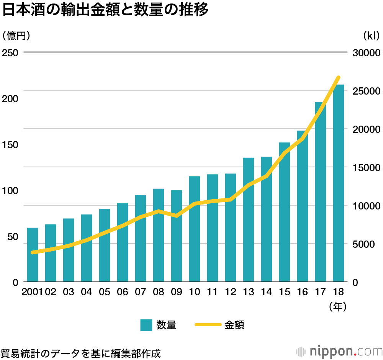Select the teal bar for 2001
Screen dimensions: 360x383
33,255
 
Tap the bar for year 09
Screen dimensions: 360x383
177,236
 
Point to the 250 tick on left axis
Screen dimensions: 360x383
10,52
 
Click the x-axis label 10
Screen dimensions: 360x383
194,292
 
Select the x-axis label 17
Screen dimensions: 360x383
320,292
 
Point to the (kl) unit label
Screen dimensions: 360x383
371,36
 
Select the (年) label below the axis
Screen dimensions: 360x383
337,306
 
